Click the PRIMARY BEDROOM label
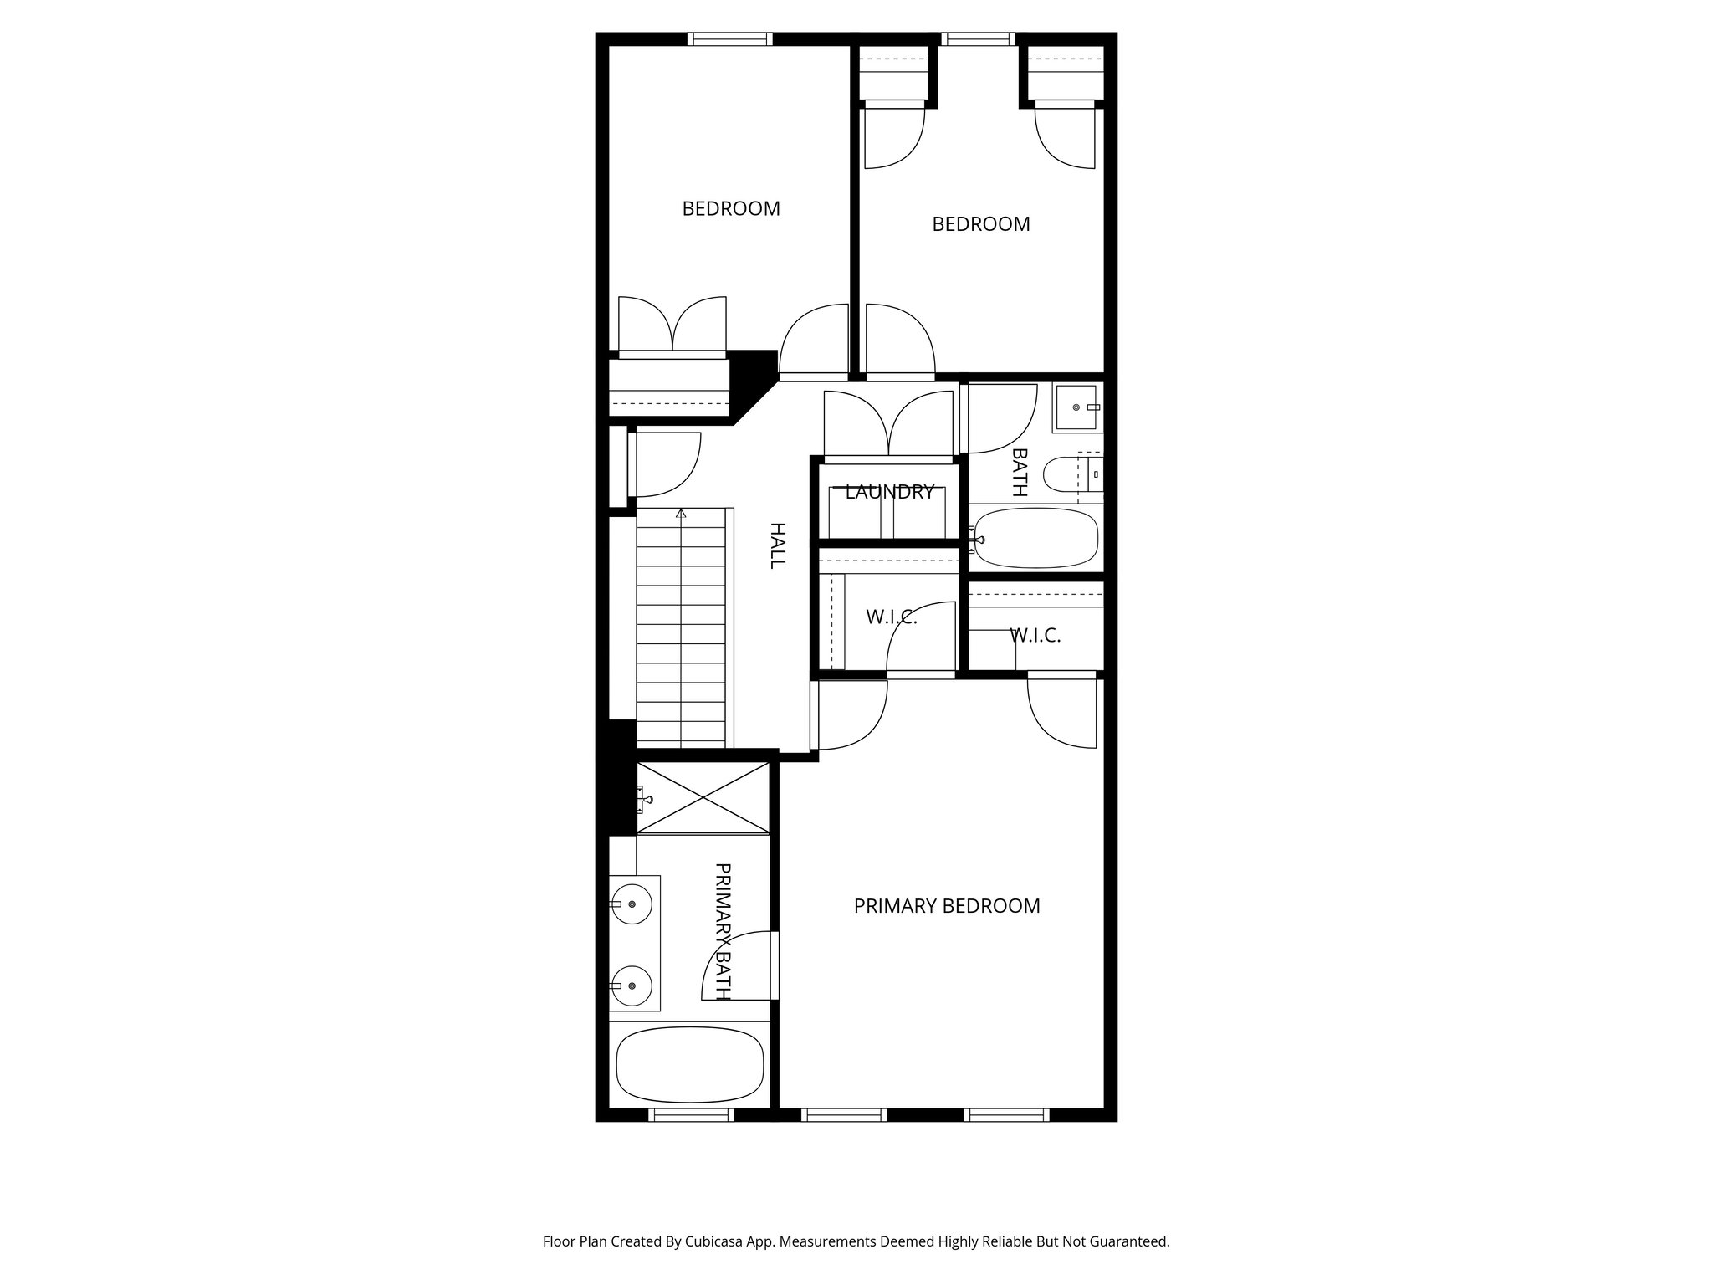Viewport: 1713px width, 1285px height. point(946,906)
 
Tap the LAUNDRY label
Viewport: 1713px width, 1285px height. point(889,492)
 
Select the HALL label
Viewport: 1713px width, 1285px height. point(777,545)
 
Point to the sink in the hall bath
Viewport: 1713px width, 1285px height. point(1076,407)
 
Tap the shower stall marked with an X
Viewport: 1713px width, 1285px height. point(703,797)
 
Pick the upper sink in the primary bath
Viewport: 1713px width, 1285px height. point(633,904)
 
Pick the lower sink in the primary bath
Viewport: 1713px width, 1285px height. point(633,986)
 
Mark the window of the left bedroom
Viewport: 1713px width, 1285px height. point(729,38)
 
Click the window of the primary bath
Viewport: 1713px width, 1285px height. point(690,1114)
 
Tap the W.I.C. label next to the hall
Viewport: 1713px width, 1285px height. point(892,617)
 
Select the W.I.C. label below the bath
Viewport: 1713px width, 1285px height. point(1035,635)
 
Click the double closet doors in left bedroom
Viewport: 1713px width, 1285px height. point(672,326)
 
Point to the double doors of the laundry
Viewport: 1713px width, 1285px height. point(888,424)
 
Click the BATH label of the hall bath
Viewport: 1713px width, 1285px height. point(1019,472)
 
